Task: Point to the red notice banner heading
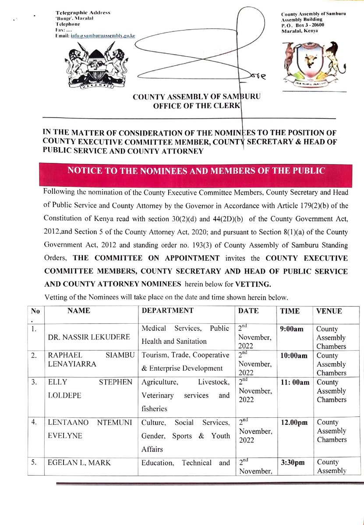pos(196,171)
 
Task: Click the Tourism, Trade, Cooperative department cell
pos(185,362)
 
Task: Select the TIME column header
pos(290,311)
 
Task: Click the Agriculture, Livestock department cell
pos(185,395)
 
